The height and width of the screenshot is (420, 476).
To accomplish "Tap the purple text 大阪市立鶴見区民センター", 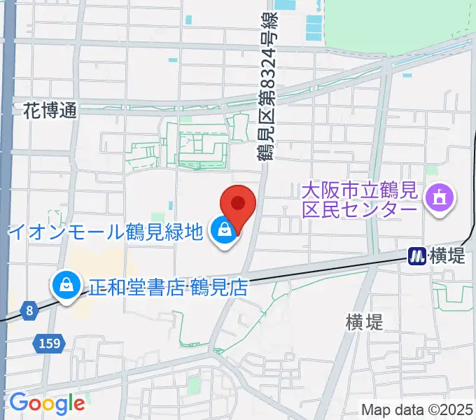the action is tap(360, 199).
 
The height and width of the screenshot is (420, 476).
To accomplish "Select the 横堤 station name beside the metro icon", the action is tap(445, 257).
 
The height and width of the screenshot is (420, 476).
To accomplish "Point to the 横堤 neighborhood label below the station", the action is tap(364, 322).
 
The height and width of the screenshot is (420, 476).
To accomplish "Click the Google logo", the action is tap(47, 403).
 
